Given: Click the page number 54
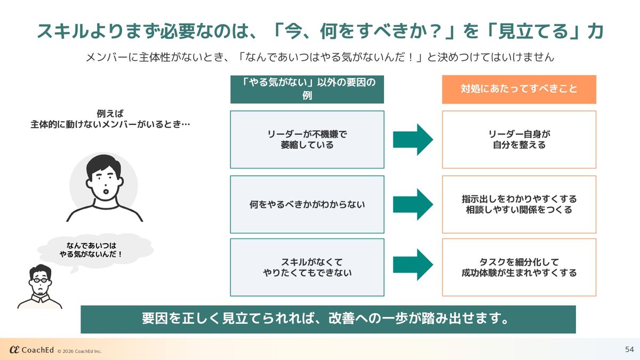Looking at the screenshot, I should pyautogui.click(x=629, y=349).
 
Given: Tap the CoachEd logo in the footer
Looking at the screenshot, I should pyautogui.click(x=31, y=350).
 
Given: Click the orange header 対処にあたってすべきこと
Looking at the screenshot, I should pyautogui.click(x=519, y=89).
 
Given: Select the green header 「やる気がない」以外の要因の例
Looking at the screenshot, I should pyautogui.click(x=307, y=89).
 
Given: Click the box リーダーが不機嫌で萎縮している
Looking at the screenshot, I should pyautogui.click(x=307, y=139).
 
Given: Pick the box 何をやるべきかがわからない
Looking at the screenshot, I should pyautogui.click(x=307, y=204).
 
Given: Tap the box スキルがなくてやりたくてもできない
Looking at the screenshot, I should pyautogui.click(x=307, y=267).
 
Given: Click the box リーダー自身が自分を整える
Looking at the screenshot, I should pyautogui.click(x=519, y=139).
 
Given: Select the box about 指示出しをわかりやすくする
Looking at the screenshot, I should pyautogui.click(x=519, y=204).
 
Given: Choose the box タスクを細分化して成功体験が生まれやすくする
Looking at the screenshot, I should pyautogui.click(x=519, y=267).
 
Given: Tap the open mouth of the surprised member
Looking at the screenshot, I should pyautogui.click(x=106, y=189).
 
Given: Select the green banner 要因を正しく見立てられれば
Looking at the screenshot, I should pyautogui.click(x=327, y=319).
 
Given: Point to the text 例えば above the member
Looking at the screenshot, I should pyautogui.click(x=110, y=114).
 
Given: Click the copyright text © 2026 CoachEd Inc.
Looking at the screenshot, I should pyautogui.click(x=79, y=351).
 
